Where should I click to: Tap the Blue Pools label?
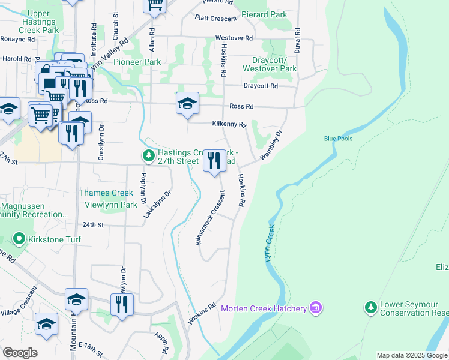pos(338,139)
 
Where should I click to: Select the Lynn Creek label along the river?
pos(270,242)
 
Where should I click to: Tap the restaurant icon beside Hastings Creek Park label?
pos(214,161)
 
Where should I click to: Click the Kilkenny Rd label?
pos(229,124)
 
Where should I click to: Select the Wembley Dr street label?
pos(271,145)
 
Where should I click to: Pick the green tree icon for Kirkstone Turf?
pos(19,239)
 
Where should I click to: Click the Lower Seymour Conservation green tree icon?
pos(371,308)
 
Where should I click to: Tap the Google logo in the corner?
pos(20,353)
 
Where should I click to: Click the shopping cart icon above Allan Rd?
pos(155,5)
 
